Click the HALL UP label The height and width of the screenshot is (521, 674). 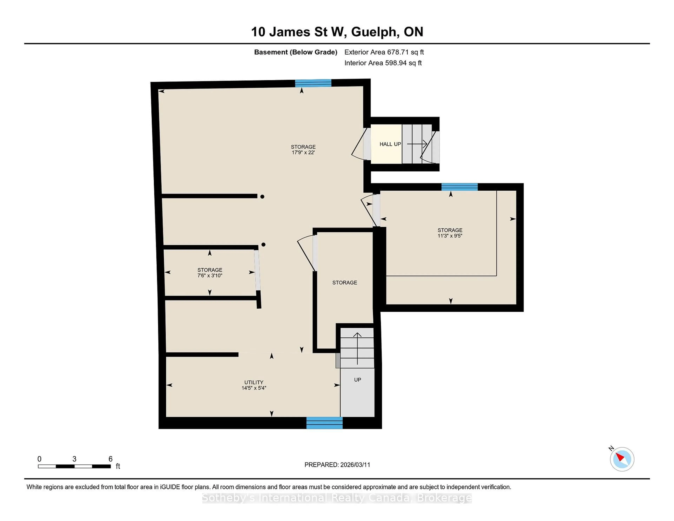click(390, 144)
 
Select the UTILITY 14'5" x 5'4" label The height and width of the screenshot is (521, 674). click(254, 385)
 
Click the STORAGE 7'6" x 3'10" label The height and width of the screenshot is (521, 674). click(210, 273)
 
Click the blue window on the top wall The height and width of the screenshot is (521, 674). click(313, 83)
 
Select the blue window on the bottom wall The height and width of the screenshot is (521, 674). click(324, 423)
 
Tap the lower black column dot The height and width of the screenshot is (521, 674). click(263, 245)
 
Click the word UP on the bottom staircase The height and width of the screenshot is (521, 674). click(357, 380)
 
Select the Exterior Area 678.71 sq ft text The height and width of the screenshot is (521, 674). click(384, 52)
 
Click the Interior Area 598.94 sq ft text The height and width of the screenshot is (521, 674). click(383, 63)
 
